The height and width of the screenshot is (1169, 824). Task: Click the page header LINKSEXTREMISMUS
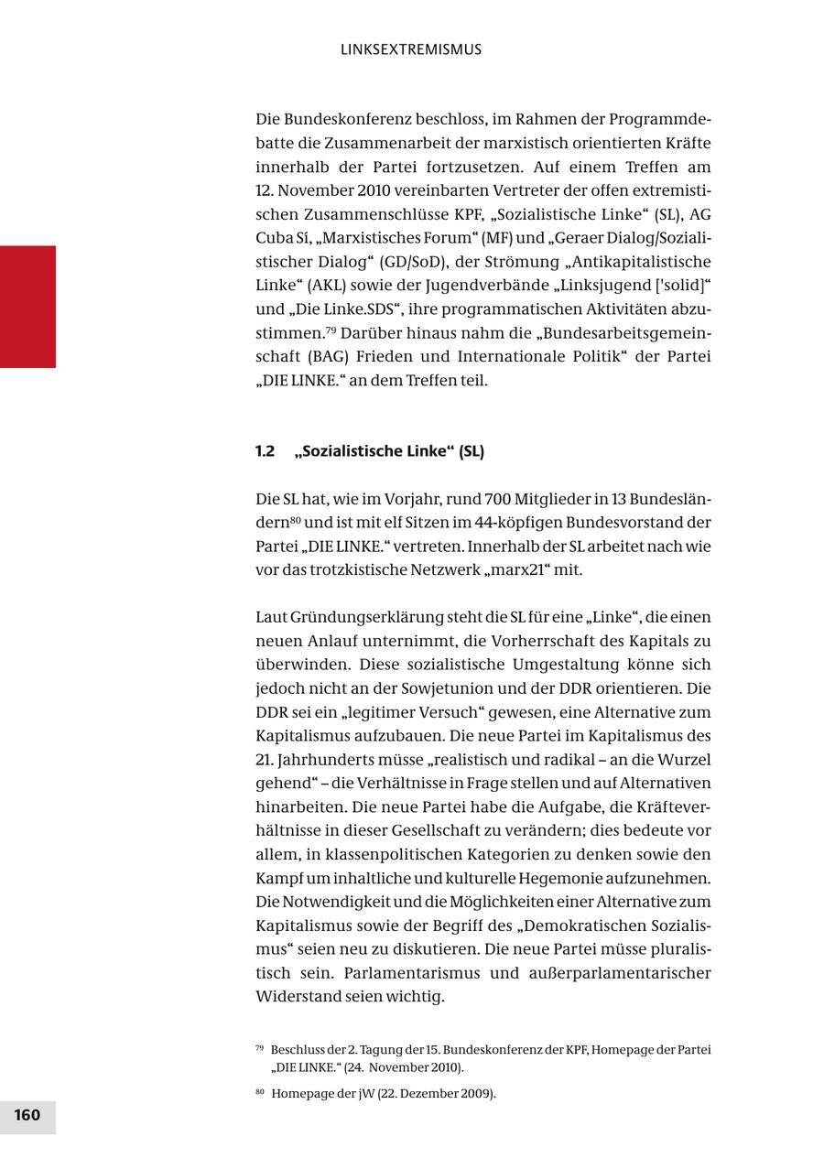click(410, 49)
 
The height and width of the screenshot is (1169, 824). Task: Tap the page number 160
click(27, 1115)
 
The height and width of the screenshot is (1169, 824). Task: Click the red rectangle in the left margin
click(27, 307)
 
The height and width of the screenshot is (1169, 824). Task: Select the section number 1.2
click(265, 451)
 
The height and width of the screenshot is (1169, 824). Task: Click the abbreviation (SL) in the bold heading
click(472, 451)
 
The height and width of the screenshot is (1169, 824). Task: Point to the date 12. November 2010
click(314, 190)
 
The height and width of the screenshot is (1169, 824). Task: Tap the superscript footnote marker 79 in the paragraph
click(331, 329)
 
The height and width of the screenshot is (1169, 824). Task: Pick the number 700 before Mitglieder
click(497, 499)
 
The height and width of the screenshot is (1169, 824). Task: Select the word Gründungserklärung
click(347, 618)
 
